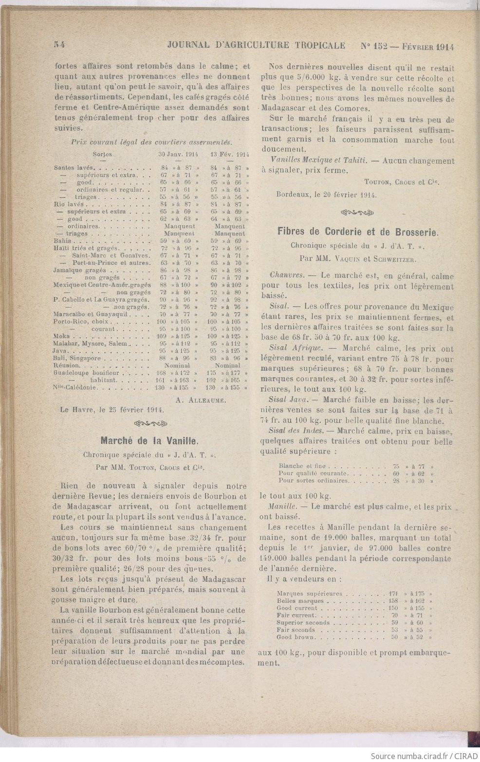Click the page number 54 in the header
60,46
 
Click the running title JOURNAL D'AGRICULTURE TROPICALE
256,46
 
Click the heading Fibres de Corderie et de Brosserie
357,231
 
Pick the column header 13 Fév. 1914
229,154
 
